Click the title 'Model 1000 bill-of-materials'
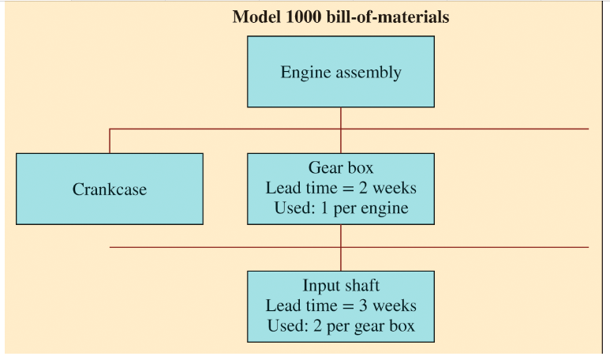[x=340, y=17]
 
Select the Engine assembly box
[x=340, y=71]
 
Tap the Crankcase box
[x=109, y=189]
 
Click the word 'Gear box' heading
[x=340, y=169]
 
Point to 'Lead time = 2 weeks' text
[x=340, y=189]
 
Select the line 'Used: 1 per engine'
[x=340, y=208]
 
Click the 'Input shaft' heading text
[x=340, y=286]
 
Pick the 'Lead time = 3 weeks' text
[x=340, y=306]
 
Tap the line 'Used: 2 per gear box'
[x=340, y=325]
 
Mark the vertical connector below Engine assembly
[x=341, y=118]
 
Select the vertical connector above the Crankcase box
[x=110, y=141]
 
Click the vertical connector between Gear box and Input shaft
[x=341, y=247]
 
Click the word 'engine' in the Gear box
[x=388, y=209]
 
